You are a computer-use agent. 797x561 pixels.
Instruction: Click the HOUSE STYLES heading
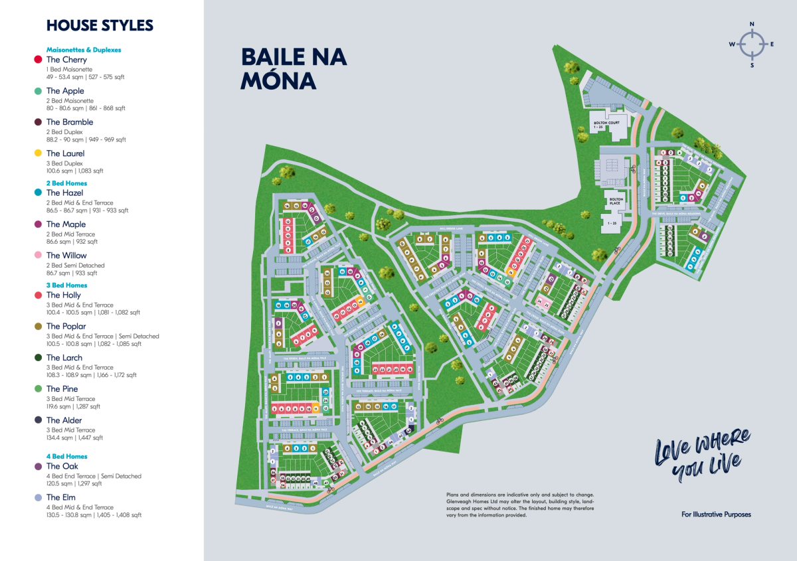point(100,26)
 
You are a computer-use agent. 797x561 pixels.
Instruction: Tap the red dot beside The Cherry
point(38,60)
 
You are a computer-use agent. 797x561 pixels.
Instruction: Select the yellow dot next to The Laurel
point(38,153)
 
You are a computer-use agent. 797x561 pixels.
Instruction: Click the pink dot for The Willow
point(38,256)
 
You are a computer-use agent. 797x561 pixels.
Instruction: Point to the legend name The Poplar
point(66,327)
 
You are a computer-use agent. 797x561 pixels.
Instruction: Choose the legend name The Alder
point(64,420)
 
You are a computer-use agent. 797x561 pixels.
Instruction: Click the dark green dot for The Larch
point(38,358)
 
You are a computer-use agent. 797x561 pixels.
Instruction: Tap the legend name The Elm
point(60,497)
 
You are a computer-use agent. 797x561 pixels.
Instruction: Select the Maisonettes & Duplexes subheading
point(84,50)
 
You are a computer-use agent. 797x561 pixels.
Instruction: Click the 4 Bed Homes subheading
point(66,457)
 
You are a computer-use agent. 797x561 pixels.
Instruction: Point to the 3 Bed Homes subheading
point(66,285)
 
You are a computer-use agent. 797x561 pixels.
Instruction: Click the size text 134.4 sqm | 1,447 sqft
point(74,438)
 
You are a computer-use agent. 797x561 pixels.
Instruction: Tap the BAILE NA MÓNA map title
point(294,68)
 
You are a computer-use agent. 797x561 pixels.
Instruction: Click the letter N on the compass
point(752,25)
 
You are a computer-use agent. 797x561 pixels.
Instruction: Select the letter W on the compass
point(732,44)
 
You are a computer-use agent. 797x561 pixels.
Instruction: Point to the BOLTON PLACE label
point(615,201)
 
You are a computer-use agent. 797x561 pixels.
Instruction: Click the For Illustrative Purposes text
point(716,515)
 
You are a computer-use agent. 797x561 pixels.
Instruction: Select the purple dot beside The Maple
point(38,224)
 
